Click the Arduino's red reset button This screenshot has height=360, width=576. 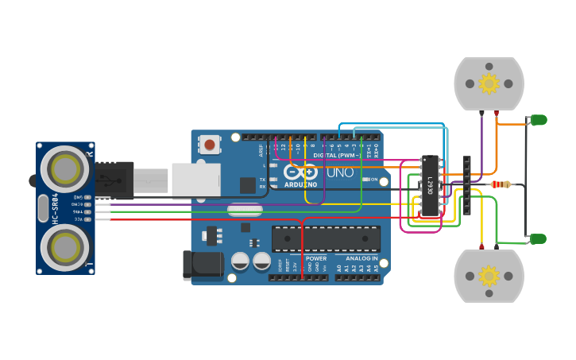tap(210, 145)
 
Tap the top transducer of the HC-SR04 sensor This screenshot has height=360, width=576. tap(65, 168)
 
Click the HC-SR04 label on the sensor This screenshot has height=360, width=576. tap(56, 207)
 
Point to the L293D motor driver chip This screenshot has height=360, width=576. tap(430, 186)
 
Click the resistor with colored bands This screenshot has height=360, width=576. tap(501, 184)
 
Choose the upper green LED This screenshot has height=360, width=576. tap(539, 120)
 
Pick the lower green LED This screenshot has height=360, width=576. tap(539, 238)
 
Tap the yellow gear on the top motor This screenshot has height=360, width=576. tap(489, 83)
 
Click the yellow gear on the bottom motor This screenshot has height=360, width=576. tap(489, 276)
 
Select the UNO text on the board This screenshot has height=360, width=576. tap(340, 172)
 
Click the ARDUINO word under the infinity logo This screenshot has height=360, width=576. tap(301, 184)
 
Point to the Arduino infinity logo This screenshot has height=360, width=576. tap(301, 172)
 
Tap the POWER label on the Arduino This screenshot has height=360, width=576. tap(316, 258)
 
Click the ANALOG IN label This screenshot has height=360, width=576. tap(361, 258)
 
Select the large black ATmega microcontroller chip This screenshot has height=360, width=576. tap(326, 238)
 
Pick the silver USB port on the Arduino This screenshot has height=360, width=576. tap(195, 180)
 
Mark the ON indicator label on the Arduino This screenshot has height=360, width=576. tap(373, 180)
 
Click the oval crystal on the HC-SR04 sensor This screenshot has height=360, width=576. tap(43, 207)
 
